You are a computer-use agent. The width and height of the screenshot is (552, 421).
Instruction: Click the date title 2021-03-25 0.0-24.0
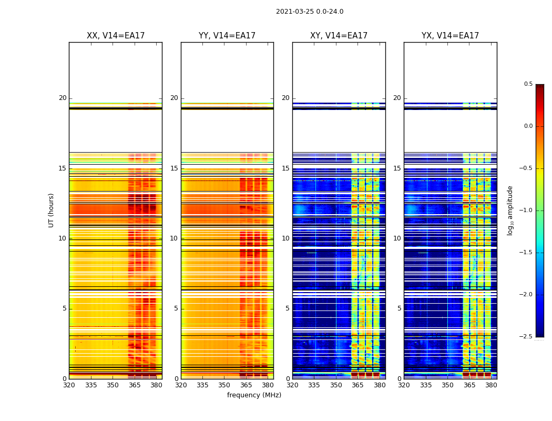pyautogui.click(x=310, y=12)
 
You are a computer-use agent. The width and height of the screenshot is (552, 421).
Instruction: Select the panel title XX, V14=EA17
pyautogui.click(x=116, y=36)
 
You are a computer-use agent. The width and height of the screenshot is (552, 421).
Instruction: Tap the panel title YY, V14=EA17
pyautogui.click(x=227, y=36)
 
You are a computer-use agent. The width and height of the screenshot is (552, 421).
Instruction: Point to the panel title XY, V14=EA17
pyautogui.click(x=339, y=36)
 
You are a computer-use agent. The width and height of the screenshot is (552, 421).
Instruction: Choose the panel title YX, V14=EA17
pyautogui.click(x=450, y=36)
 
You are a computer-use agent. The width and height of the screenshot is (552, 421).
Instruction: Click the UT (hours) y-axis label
pyautogui.click(x=51, y=210)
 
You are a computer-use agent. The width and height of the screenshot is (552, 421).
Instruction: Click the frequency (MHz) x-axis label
pyautogui.click(x=254, y=395)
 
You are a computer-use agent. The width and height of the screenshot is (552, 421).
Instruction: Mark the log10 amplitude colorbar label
pyautogui.click(x=510, y=210)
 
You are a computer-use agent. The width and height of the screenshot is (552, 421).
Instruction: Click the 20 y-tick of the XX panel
pyautogui.click(x=63, y=98)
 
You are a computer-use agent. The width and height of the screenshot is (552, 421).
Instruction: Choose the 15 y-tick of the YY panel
pyautogui.click(x=174, y=168)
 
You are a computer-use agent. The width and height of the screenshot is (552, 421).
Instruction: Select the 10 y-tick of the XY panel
pyautogui.click(x=285, y=238)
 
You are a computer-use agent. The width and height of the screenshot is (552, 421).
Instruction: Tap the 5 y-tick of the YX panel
pyautogui.click(x=399, y=308)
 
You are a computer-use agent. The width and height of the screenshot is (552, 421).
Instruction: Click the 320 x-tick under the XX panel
pyautogui.click(x=69, y=385)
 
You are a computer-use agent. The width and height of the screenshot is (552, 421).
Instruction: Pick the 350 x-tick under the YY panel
pyautogui.click(x=224, y=385)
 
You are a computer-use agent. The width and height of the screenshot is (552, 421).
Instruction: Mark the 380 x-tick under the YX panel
pyautogui.click(x=491, y=385)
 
